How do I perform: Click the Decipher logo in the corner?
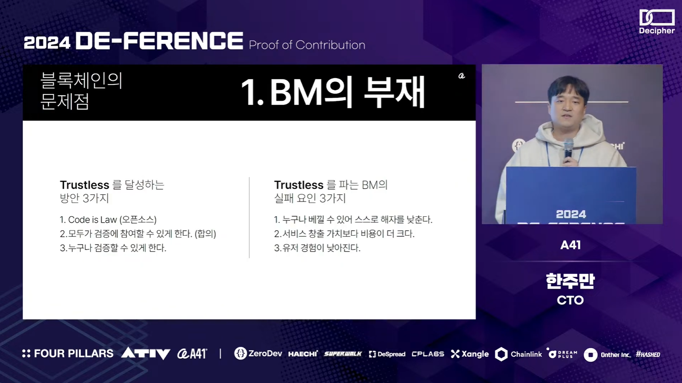pos(657,22)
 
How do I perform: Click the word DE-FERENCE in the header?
pos(159,41)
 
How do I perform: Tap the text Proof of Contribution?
pos(307,45)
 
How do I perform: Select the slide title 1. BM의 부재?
pos(333,92)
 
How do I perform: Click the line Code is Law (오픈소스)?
pos(108,220)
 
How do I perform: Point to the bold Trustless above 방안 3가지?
pos(84,185)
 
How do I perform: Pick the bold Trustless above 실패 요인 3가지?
pos(299,185)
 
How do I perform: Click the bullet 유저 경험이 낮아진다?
pos(317,248)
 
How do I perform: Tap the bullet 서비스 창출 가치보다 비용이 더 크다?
pos(344,234)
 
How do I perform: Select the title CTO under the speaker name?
pos(570,300)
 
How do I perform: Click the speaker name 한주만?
pos(570,281)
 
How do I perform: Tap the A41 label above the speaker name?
pos(570,245)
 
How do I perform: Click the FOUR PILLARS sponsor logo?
pos(68,354)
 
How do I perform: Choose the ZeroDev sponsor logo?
pos(258,354)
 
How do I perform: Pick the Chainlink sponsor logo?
pos(518,354)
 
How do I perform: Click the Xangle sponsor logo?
pos(469,354)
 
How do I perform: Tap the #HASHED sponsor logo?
pos(648,355)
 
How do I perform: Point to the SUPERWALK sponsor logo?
pos(343,354)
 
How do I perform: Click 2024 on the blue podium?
pos(571,215)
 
